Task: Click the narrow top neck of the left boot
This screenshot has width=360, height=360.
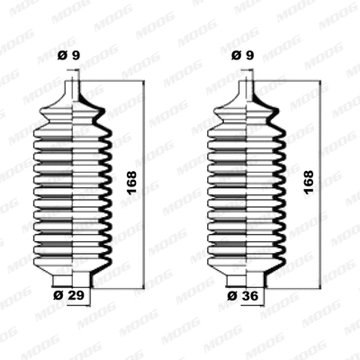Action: coord(75,91)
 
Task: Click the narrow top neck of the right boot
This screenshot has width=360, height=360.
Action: coord(250,91)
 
